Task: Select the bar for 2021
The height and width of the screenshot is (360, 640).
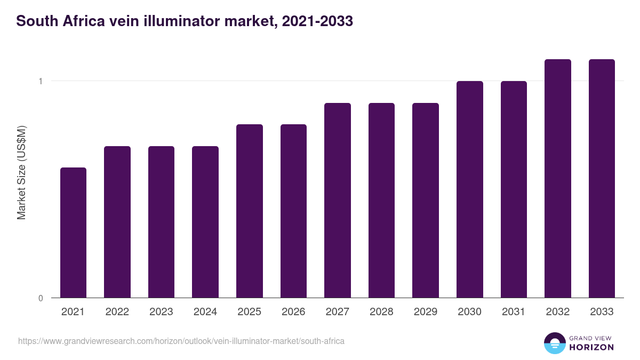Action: (73, 233)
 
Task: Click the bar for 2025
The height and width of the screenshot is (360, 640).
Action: (250, 211)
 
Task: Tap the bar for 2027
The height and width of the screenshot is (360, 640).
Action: (338, 200)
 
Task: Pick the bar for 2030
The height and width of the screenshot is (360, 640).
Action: (470, 189)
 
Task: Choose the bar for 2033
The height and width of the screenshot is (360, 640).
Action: (602, 178)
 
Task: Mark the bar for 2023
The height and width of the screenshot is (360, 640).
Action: (161, 222)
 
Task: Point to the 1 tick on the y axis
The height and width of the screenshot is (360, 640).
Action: (40, 81)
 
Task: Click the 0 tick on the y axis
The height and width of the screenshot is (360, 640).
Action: (40, 298)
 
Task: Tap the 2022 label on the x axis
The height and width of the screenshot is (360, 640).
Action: (117, 312)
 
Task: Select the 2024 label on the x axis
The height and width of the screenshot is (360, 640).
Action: (205, 312)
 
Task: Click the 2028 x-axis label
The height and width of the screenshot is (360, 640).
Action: (381, 312)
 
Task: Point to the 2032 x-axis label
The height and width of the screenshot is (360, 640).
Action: (558, 312)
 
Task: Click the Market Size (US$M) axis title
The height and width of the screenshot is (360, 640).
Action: (21, 172)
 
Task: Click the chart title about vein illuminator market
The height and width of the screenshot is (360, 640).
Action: (185, 21)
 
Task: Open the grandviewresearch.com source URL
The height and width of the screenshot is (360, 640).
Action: (181, 341)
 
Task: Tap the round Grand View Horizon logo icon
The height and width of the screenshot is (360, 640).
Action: (554, 343)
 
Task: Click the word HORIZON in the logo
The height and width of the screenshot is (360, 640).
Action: (592, 347)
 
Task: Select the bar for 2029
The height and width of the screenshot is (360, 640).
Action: (426, 200)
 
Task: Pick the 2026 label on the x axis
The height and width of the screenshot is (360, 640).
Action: (293, 312)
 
